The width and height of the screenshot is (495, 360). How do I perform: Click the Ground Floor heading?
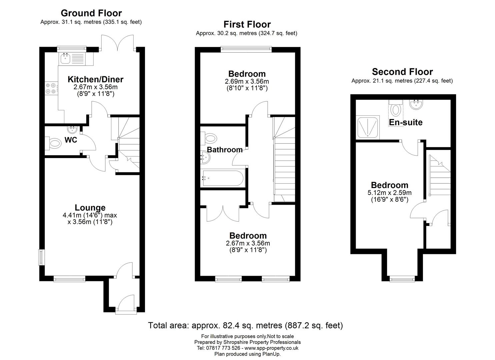(91, 13)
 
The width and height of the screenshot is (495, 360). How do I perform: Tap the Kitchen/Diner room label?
(95, 79)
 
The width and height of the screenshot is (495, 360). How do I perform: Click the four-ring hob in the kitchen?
(51, 88)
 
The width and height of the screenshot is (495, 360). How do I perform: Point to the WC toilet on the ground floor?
(53, 143)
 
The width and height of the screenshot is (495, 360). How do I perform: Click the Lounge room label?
(90, 207)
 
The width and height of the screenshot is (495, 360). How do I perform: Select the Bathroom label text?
(225, 150)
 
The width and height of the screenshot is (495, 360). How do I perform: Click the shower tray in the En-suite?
(367, 127)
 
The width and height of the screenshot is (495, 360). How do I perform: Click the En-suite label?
(406, 122)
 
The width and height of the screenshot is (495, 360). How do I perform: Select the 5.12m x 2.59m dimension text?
(390, 193)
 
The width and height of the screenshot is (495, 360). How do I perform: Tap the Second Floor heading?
(402, 72)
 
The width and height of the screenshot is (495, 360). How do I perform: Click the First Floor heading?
(247, 24)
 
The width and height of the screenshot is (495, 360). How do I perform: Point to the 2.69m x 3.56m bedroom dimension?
(247, 81)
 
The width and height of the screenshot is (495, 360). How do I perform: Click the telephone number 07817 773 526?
(223, 348)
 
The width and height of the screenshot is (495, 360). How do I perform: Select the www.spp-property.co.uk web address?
(271, 348)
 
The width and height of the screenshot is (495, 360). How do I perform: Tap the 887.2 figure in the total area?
(298, 326)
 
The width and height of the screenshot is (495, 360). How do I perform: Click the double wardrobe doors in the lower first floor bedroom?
(223, 213)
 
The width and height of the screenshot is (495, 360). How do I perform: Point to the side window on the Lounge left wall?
(41, 257)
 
